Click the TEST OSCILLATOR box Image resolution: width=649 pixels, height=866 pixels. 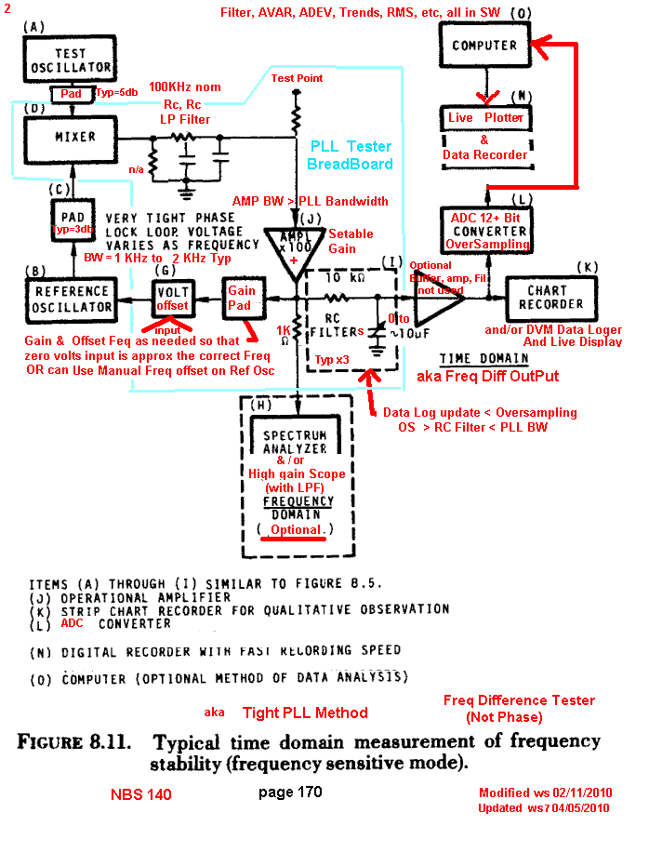[58, 60]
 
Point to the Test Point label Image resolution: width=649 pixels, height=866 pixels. [297, 78]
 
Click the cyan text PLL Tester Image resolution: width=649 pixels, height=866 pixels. [350, 147]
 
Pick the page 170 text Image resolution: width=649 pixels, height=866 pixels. [290, 793]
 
